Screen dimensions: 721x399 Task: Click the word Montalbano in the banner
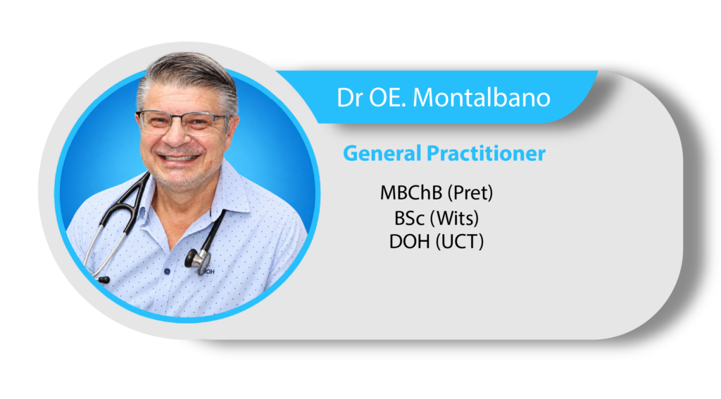click(x=482, y=97)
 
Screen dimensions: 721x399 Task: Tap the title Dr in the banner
click(x=349, y=97)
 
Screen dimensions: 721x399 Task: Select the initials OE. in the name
click(x=386, y=97)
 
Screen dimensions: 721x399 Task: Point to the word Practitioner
click(x=486, y=153)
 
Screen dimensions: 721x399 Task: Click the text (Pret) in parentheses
click(x=470, y=193)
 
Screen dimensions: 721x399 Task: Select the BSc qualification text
click(x=409, y=218)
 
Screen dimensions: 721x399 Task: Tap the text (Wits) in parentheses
click(x=454, y=218)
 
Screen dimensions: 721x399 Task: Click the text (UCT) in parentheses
click(x=459, y=242)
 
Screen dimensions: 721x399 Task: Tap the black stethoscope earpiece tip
click(x=104, y=279)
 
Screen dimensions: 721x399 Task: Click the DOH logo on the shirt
click(x=209, y=272)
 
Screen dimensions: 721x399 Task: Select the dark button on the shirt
click(x=167, y=271)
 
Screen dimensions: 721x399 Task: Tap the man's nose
click(x=176, y=136)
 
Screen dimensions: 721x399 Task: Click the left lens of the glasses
click(x=155, y=121)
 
